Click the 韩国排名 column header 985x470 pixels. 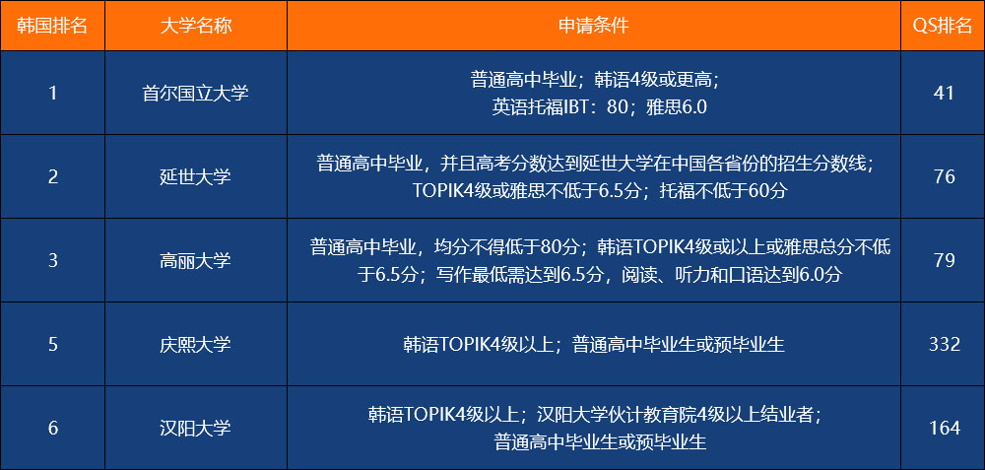point(53,26)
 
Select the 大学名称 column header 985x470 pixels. point(195,26)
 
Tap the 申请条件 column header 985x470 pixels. point(594,26)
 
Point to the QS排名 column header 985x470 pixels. point(943,26)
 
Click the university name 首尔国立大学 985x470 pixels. point(195,93)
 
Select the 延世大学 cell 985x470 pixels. point(195,176)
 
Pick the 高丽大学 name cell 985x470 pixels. point(195,260)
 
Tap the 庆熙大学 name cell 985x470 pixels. point(195,344)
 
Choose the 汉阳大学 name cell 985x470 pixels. point(195,429)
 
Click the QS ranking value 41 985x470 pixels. point(944,93)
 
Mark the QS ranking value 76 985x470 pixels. point(945,176)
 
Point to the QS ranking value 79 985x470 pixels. point(945,260)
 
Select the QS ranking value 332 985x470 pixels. point(945,344)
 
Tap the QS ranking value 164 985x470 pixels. point(945,429)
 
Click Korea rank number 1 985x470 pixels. point(53,93)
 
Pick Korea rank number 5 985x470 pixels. point(53,344)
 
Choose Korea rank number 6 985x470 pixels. point(53,429)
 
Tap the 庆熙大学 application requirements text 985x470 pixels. point(594,344)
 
